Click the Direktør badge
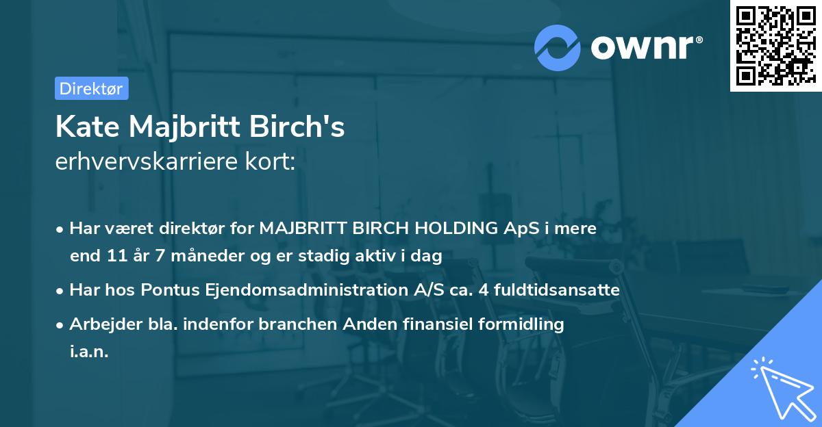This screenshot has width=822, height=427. tap(90, 88)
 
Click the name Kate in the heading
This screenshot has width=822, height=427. tap(86, 127)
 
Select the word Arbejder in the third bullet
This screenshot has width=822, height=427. tap(99, 324)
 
